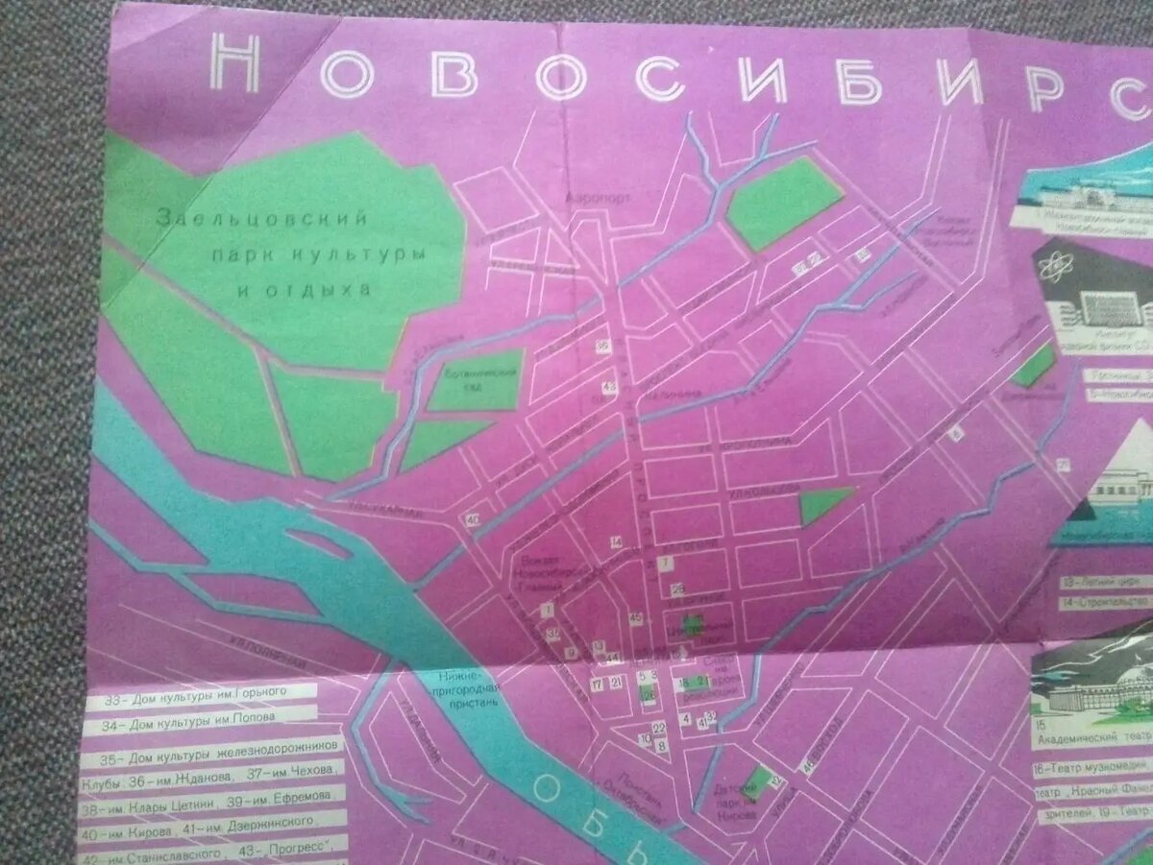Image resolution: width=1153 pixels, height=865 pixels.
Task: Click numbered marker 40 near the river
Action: (473, 520)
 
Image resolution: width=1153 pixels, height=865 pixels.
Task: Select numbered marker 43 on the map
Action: (609, 386)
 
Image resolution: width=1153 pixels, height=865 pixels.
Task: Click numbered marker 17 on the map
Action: (597, 684)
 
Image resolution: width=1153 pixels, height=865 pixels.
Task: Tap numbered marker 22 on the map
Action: (659, 729)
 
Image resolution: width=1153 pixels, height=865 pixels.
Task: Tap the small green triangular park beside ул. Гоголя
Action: (822, 503)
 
